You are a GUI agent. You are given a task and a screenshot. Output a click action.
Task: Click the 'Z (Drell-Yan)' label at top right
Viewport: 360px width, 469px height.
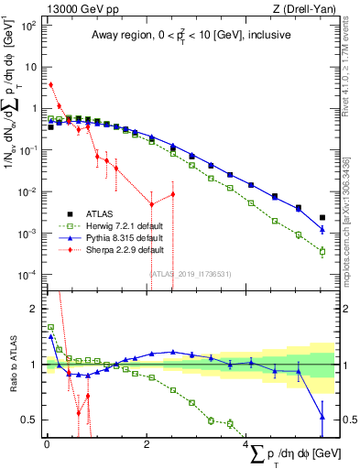click(x=300, y=8)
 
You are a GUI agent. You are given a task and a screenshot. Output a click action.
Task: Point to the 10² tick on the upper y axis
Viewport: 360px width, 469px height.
click(x=27, y=25)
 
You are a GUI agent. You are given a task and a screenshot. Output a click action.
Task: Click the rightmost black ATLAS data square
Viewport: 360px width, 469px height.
click(x=322, y=218)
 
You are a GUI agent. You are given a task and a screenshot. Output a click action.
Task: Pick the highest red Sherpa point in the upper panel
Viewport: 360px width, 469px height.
click(x=51, y=84)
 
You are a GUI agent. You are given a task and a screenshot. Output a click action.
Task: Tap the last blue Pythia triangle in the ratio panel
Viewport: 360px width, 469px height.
click(x=322, y=417)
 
